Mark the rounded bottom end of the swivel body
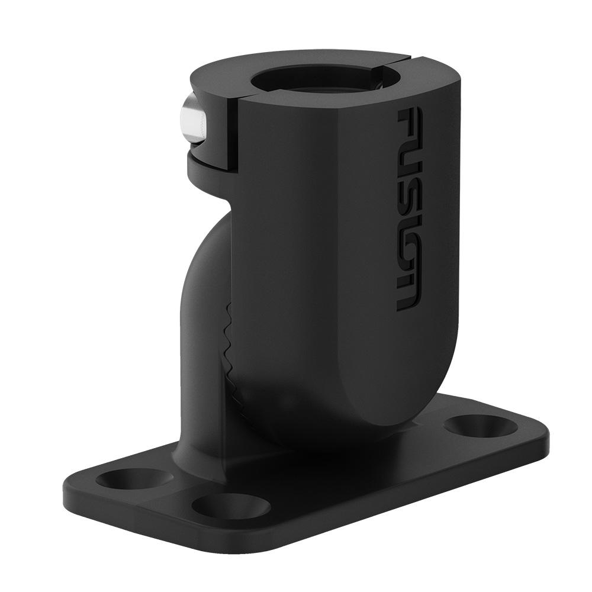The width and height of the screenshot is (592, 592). (x=379, y=414)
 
